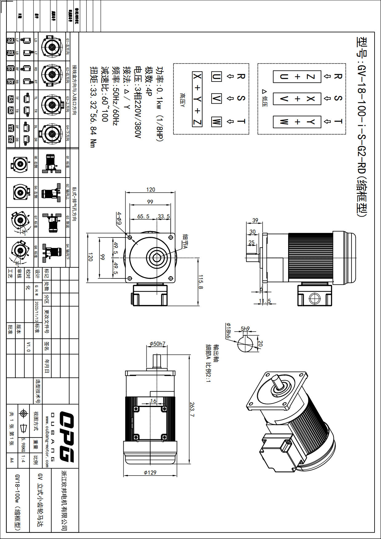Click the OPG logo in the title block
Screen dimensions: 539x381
[66, 437]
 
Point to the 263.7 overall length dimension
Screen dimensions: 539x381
[192, 409]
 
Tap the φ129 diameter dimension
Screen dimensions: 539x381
[150, 472]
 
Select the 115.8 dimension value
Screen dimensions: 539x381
[200, 282]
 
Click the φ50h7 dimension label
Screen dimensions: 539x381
[157, 344]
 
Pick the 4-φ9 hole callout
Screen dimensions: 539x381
[119, 218]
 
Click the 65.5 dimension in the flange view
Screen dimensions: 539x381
[143, 216]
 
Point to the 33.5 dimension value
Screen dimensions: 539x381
[164, 216]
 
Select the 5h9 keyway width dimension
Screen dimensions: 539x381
[245, 329]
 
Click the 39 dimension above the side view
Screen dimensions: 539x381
[255, 220]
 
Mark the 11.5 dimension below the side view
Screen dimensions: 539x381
[265, 301]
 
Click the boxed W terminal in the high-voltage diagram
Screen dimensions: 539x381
[216, 122]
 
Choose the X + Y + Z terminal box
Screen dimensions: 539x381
[197, 99]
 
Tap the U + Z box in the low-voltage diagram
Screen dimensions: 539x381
[297, 77]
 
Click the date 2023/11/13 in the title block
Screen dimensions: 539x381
[37, 312]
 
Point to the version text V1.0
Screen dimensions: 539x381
[28, 346]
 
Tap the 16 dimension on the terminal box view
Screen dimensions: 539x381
[153, 401]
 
